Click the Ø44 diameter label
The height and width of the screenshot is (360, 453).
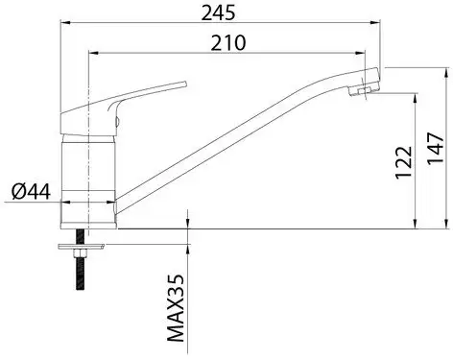click(31, 191)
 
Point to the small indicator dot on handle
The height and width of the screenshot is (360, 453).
click(116, 122)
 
